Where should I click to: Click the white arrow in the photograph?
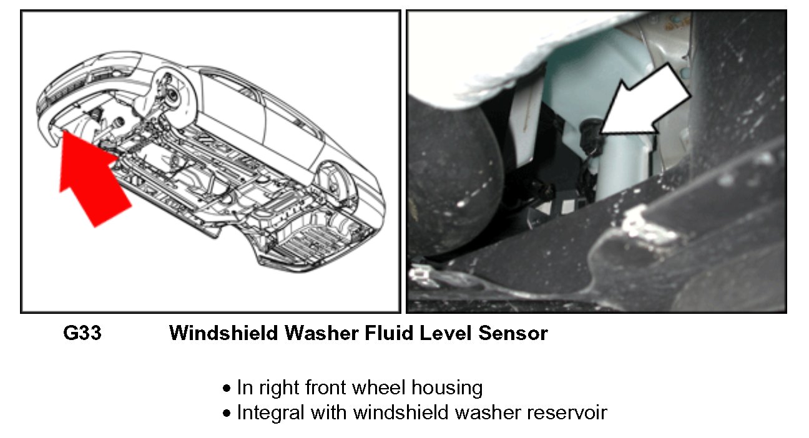coord(649,103)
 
